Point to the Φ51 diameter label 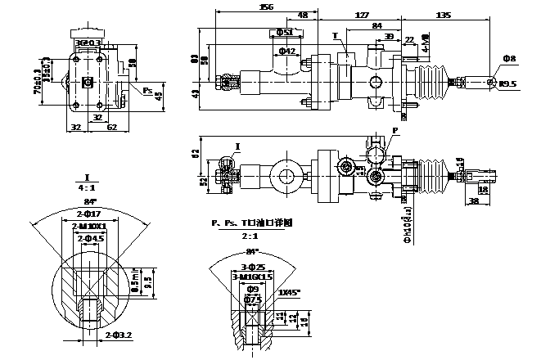(286, 32)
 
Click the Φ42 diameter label (286, 52)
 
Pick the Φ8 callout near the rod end (509, 60)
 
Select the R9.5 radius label (509, 84)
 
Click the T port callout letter (335, 36)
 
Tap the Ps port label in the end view (147, 90)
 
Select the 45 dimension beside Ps (160, 96)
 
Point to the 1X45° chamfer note (289, 292)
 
